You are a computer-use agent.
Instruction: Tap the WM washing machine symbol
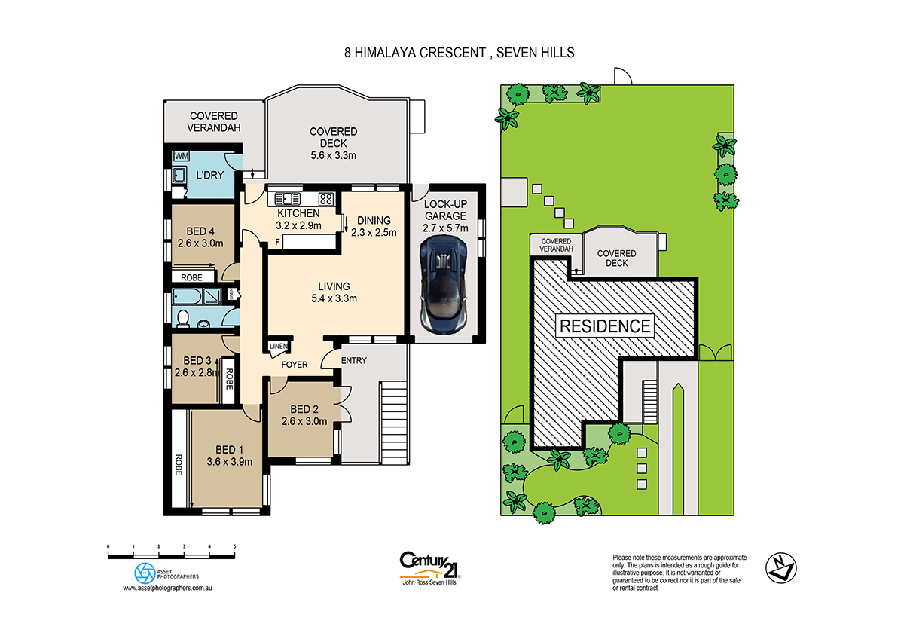click(181, 156)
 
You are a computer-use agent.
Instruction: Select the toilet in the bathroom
click(182, 319)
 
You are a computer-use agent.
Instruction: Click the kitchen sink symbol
click(288, 199)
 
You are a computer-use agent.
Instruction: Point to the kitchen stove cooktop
click(326, 199)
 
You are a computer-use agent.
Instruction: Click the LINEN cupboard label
click(277, 347)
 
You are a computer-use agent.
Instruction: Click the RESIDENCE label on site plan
click(604, 326)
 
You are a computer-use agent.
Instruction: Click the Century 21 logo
click(429, 564)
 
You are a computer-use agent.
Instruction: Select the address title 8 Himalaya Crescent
click(455, 53)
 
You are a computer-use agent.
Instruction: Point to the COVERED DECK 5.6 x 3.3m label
click(333, 143)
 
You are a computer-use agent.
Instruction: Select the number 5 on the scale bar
click(235, 546)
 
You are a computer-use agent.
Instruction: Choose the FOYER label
click(295, 365)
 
